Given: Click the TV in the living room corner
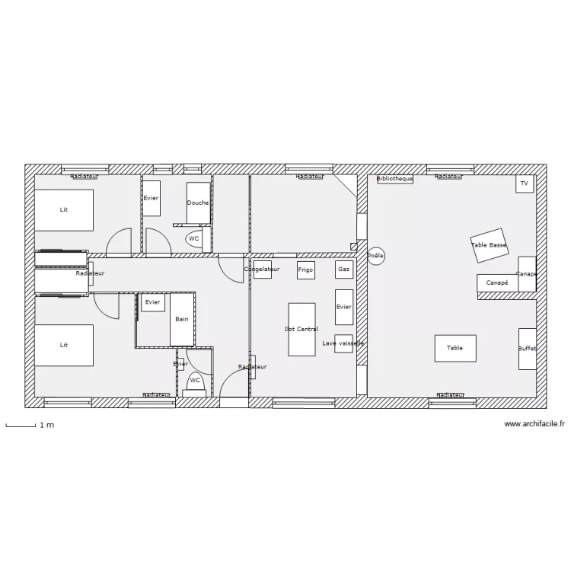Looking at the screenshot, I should tap(524, 183).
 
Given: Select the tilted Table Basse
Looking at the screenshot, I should tap(489, 244).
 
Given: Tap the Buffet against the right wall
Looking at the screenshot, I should tap(527, 349).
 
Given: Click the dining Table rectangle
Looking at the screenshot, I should tap(455, 348).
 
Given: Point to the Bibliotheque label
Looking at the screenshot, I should tap(394, 179).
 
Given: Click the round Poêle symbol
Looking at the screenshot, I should tap(375, 256).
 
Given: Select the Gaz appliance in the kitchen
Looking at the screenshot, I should tap(343, 270).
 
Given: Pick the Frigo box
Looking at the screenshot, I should tap(305, 270).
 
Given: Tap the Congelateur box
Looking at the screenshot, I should tap(262, 269).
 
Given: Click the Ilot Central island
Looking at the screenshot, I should tap(301, 329).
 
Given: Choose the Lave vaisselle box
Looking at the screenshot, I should tap(343, 343).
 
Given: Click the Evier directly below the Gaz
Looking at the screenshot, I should tap(343, 307).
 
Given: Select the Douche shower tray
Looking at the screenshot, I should tap(198, 203).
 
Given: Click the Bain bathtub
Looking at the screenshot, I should tap(182, 319).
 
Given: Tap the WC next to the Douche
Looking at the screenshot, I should tap(194, 238).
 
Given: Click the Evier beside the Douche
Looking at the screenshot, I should tap(152, 198).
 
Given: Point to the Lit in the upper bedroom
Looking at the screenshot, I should tap(64, 209).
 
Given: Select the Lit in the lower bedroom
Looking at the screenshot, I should tap(64, 345).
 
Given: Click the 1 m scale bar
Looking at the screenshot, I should tap(21, 425).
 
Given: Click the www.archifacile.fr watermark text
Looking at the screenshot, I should tap(534, 424).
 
